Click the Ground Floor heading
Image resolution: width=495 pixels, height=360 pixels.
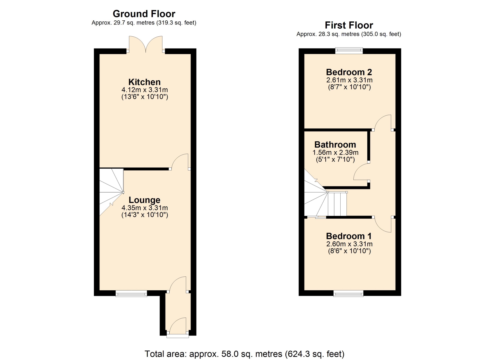[144, 14]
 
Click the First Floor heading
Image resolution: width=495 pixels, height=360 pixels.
[349, 25]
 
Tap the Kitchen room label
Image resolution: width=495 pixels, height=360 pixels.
[144, 82]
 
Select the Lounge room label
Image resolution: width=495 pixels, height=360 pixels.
[144, 200]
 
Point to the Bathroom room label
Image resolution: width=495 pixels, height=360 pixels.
[335, 144]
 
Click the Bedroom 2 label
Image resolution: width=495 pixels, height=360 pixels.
[349, 72]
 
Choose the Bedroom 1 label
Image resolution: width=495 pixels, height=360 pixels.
[349, 236]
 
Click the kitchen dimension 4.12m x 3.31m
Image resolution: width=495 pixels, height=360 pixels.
[145, 90]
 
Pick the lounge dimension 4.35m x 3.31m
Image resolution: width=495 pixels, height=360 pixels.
[145, 208]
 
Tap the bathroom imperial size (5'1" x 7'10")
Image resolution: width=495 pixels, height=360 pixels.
[335, 159]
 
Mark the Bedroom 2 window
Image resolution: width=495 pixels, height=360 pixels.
[349, 51]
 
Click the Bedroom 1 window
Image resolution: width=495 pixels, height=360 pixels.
[348, 293]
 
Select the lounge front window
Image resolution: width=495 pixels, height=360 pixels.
[131, 293]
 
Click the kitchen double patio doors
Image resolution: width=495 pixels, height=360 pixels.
[146, 44]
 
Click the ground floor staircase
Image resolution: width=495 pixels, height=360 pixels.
[112, 192]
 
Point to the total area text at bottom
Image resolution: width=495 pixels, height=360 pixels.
[244, 354]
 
